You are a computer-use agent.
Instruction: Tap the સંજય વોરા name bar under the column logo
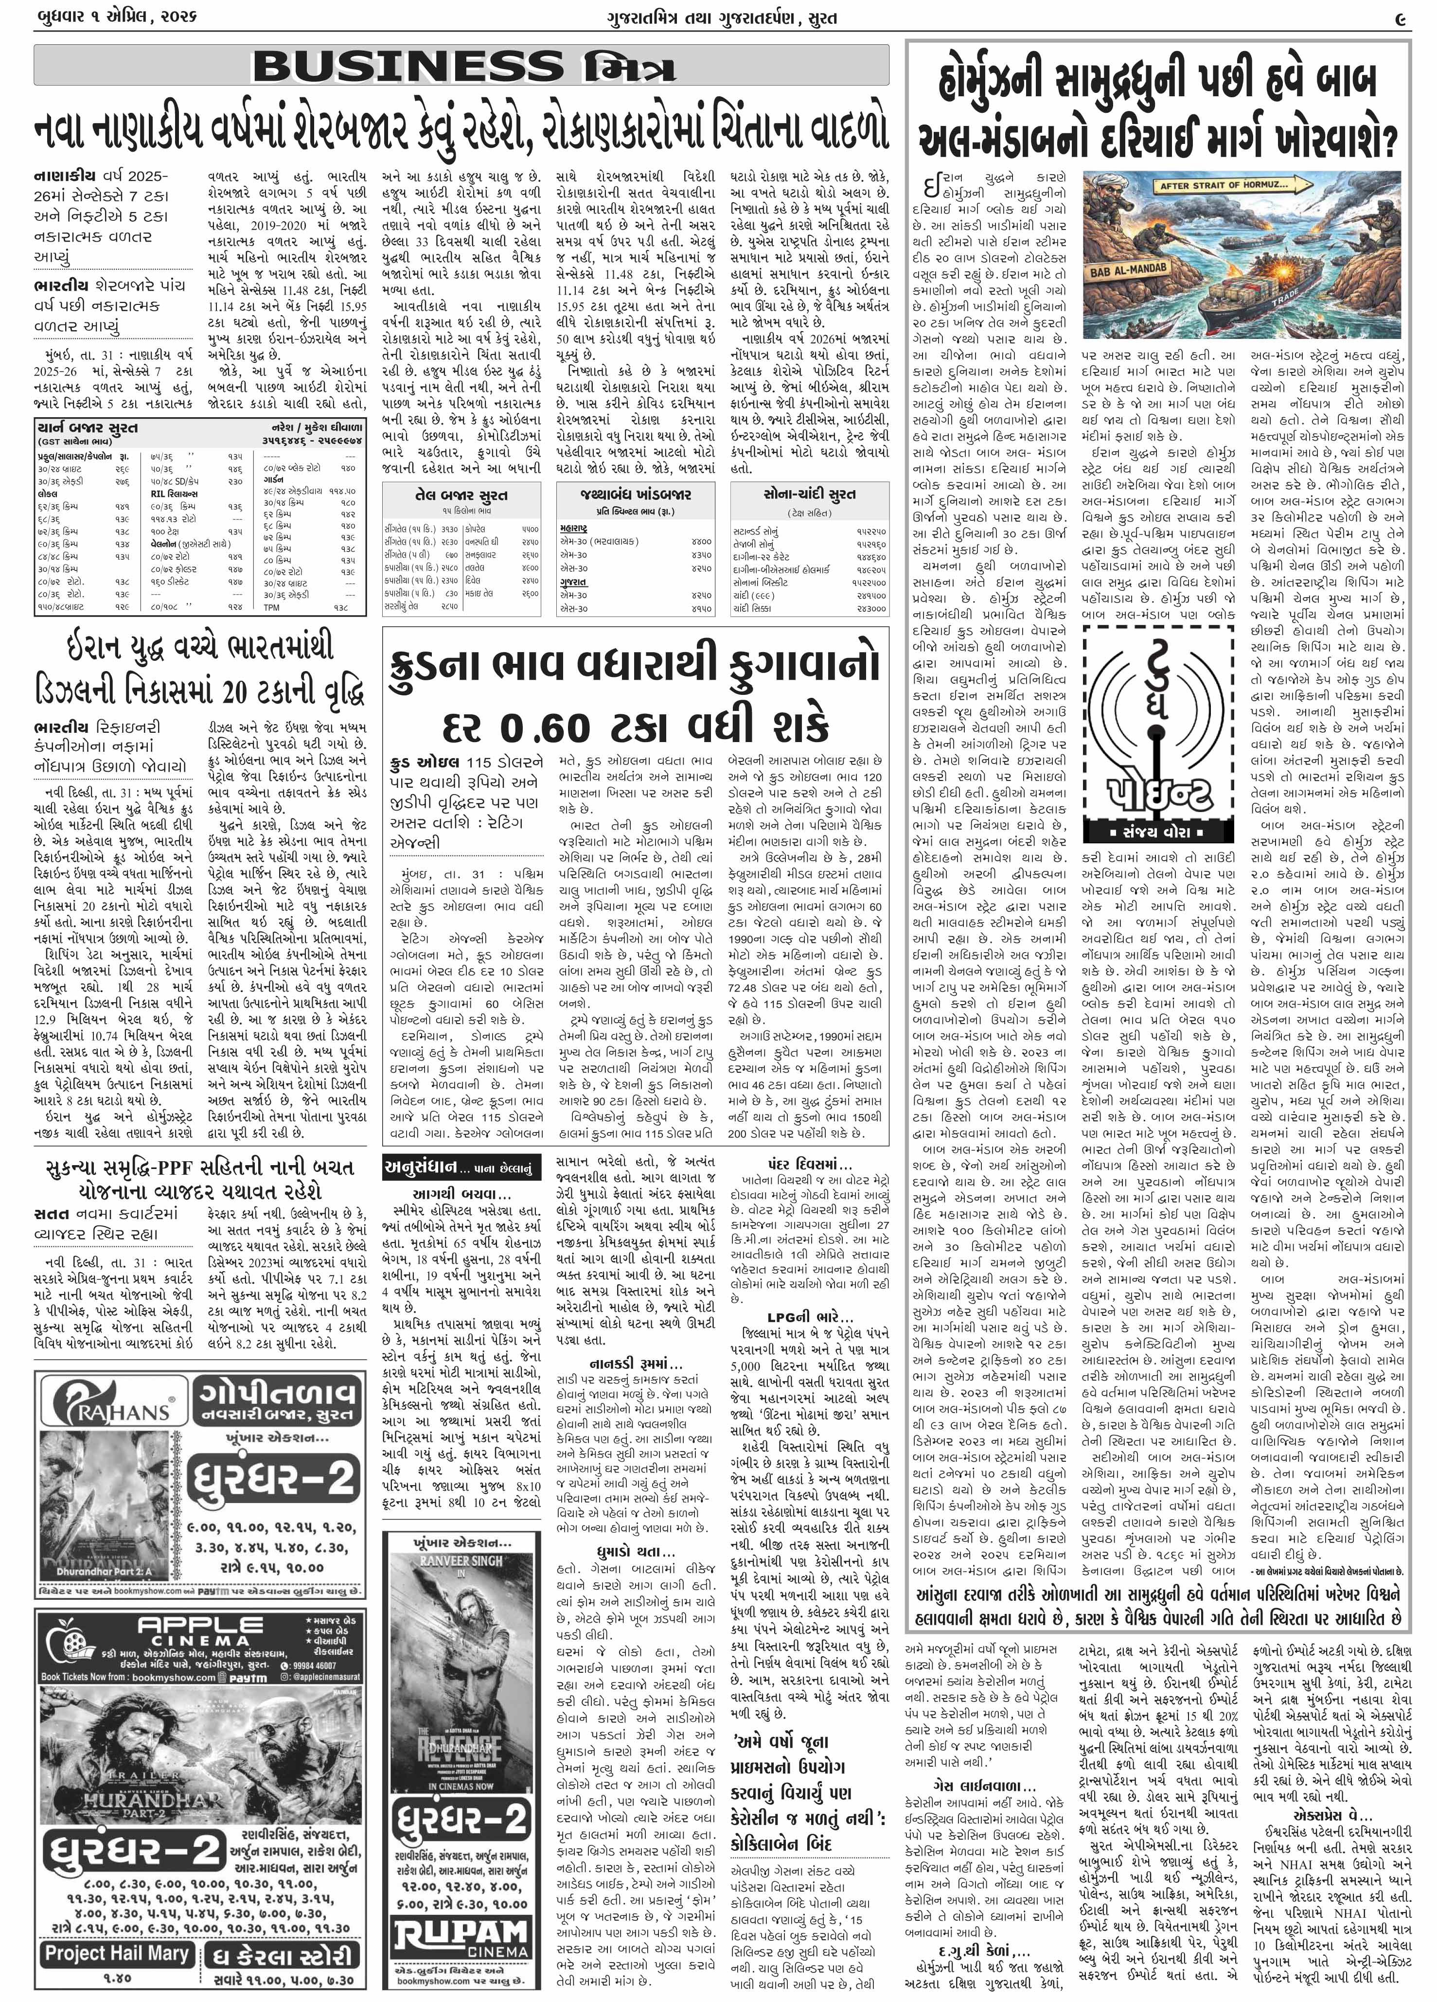(x=1157, y=833)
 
